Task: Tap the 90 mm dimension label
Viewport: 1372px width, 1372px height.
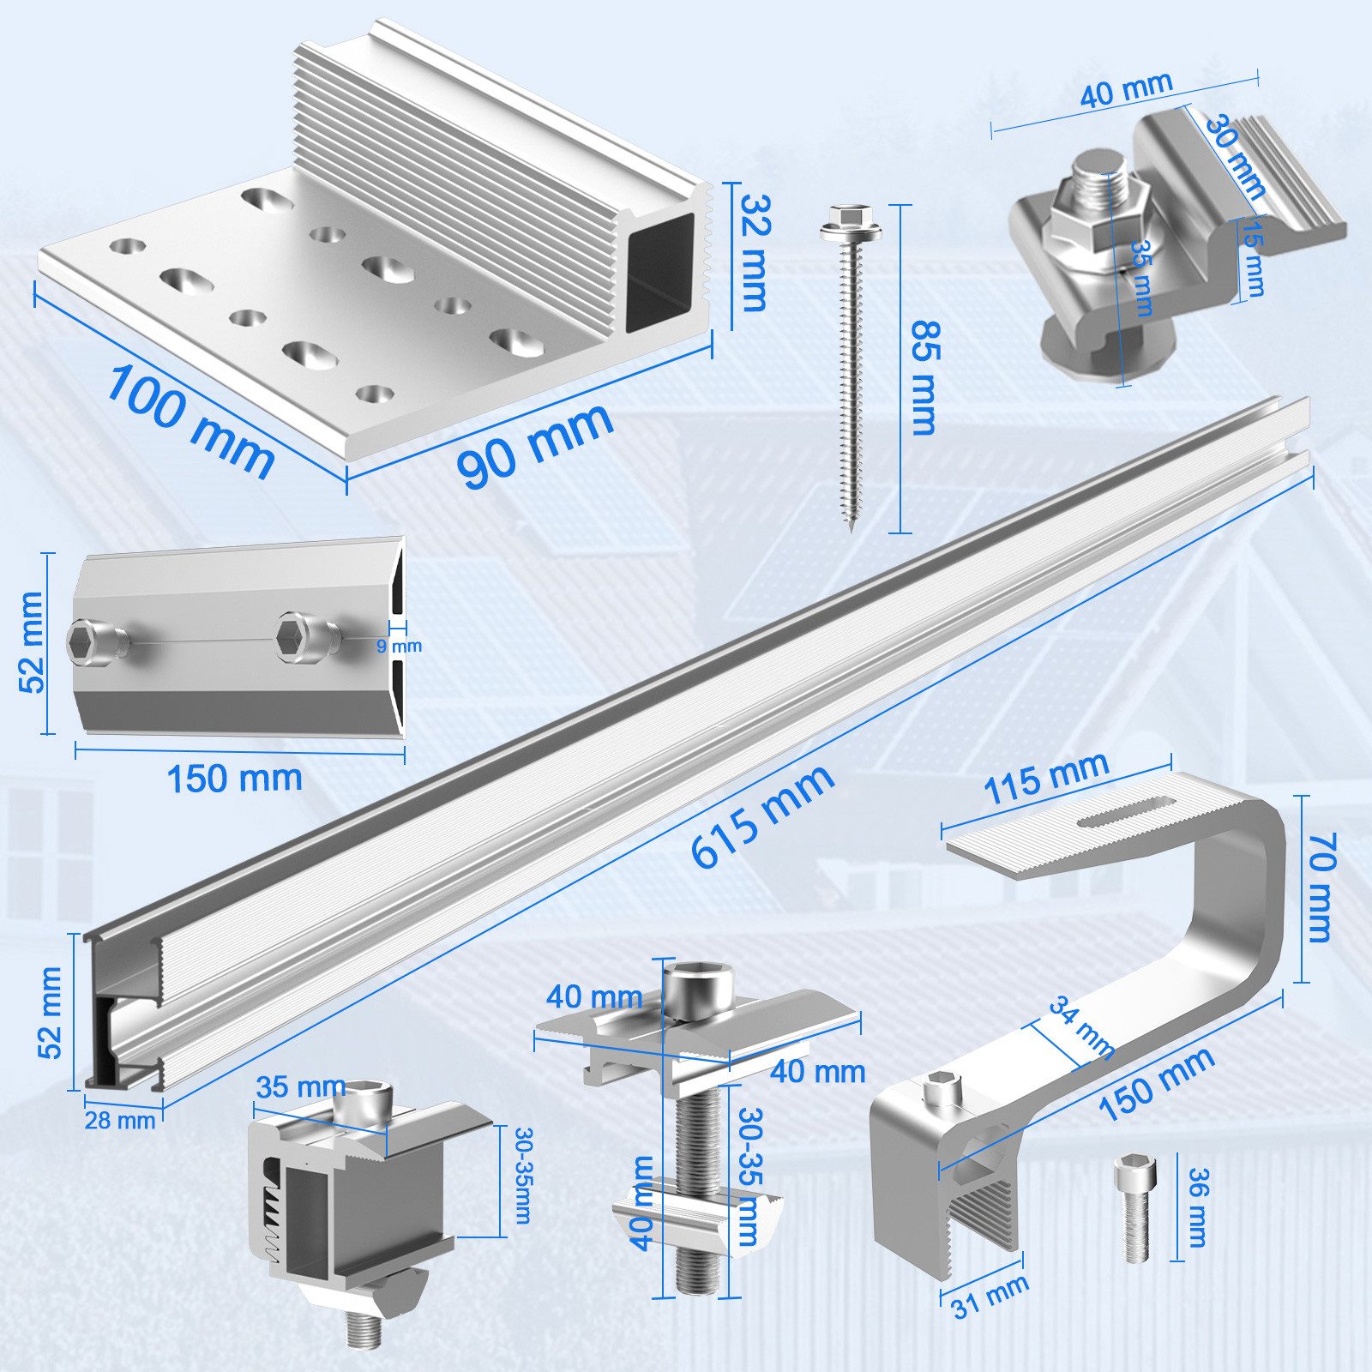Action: coord(536,443)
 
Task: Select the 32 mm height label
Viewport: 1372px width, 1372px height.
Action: coord(754,253)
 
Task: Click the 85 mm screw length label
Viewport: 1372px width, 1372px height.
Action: coord(924,377)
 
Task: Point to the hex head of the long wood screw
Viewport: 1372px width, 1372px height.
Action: coord(840,225)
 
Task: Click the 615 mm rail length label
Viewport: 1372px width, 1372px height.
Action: coord(761,815)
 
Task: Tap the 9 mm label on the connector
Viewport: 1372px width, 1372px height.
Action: coord(399,646)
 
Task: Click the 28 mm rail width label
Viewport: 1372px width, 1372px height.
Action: coord(120,1120)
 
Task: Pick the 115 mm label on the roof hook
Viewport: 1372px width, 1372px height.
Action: coord(1045,777)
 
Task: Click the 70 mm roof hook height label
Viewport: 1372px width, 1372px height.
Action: coord(1320,887)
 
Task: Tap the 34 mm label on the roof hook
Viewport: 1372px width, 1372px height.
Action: coord(1082,1027)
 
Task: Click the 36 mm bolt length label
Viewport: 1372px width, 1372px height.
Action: coord(1197,1207)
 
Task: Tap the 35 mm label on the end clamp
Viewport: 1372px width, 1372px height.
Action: coord(300,1087)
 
